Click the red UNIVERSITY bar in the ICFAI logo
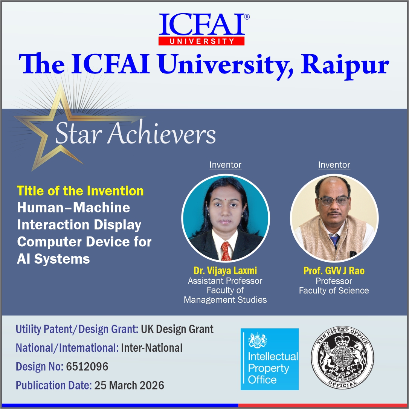click(201, 41)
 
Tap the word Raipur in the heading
click(345, 65)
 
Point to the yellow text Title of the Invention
click(80, 191)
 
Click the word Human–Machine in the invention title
click(74, 208)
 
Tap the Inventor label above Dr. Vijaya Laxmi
click(225, 165)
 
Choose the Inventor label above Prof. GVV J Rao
click(334, 165)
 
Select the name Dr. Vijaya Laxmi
click(225, 270)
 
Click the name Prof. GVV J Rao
click(334, 271)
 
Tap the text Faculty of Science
click(334, 291)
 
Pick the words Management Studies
click(225, 300)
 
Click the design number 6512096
click(87, 366)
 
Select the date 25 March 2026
click(129, 385)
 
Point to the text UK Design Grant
click(177, 329)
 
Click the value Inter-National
click(152, 348)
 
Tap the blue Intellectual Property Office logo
click(269, 359)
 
